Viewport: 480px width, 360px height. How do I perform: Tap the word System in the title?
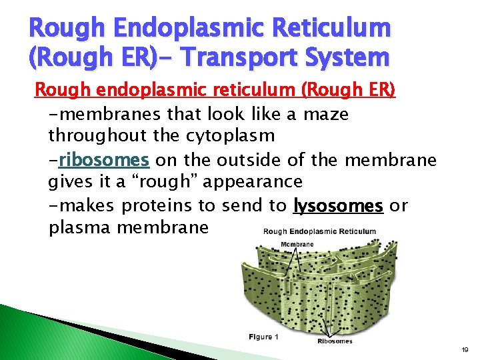tap(353, 57)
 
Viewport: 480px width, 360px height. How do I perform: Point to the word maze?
tap(326, 114)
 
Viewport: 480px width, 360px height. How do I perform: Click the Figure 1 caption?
tap(264, 337)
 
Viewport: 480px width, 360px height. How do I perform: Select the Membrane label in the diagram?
tap(297, 244)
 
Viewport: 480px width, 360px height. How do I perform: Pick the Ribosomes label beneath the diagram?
tap(335, 341)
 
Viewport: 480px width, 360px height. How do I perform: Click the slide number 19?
tap(465, 348)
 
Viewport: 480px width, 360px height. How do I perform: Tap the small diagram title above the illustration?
tap(319, 232)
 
